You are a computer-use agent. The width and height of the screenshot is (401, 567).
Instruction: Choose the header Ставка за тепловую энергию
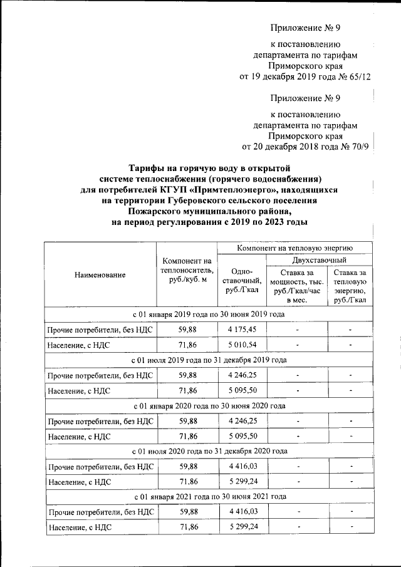350,286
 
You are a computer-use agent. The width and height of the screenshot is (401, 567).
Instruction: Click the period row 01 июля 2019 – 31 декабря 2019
209,360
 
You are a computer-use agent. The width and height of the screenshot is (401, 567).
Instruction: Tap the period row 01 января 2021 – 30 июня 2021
209,496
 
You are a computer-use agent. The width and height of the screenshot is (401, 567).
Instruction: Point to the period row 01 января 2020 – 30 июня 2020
209,405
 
